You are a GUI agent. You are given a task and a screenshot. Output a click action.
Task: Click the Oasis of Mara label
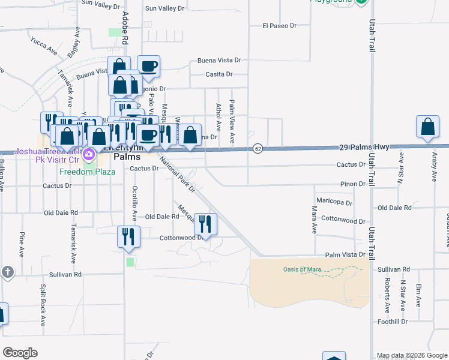point(303,269)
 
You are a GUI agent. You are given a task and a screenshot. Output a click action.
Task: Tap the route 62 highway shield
point(258,148)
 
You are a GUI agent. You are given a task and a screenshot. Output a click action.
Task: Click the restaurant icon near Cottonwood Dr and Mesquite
point(205,224)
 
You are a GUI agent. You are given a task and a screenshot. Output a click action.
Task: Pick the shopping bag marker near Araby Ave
point(427,127)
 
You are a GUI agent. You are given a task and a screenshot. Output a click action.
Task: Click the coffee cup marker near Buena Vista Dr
point(148,66)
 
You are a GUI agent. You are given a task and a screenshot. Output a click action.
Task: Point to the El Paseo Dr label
point(280,26)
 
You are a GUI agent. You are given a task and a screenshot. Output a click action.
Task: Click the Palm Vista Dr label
point(345,255)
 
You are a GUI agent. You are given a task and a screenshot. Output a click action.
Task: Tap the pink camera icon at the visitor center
point(89,155)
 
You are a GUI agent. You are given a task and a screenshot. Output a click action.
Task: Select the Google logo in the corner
point(20,353)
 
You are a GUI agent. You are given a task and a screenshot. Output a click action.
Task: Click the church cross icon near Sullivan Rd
point(7,272)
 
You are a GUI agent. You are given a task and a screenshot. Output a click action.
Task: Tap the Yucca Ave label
point(43,46)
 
